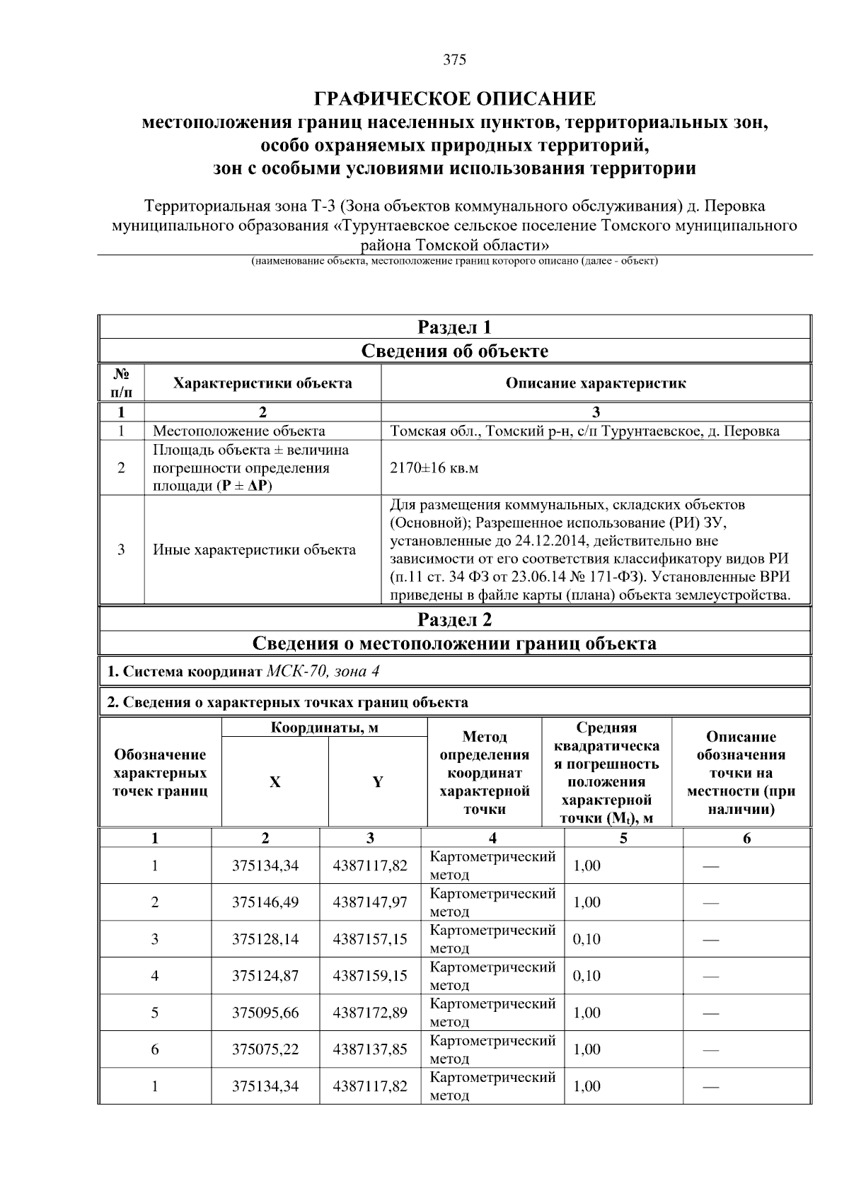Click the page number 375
point(454,60)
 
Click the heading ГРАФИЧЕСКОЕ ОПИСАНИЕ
point(454,98)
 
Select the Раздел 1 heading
point(454,327)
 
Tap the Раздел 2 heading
point(454,619)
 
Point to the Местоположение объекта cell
point(239,431)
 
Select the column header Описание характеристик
point(595,383)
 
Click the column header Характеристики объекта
point(262,383)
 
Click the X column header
point(275,782)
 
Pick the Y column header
point(378,782)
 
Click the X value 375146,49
point(265,902)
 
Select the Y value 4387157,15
point(370,939)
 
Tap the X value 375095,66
point(265,1013)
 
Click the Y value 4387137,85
point(370,1049)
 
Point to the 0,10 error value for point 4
point(587,976)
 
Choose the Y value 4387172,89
point(370,1013)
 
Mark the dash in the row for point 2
point(711,903)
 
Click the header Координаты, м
point(325,728)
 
